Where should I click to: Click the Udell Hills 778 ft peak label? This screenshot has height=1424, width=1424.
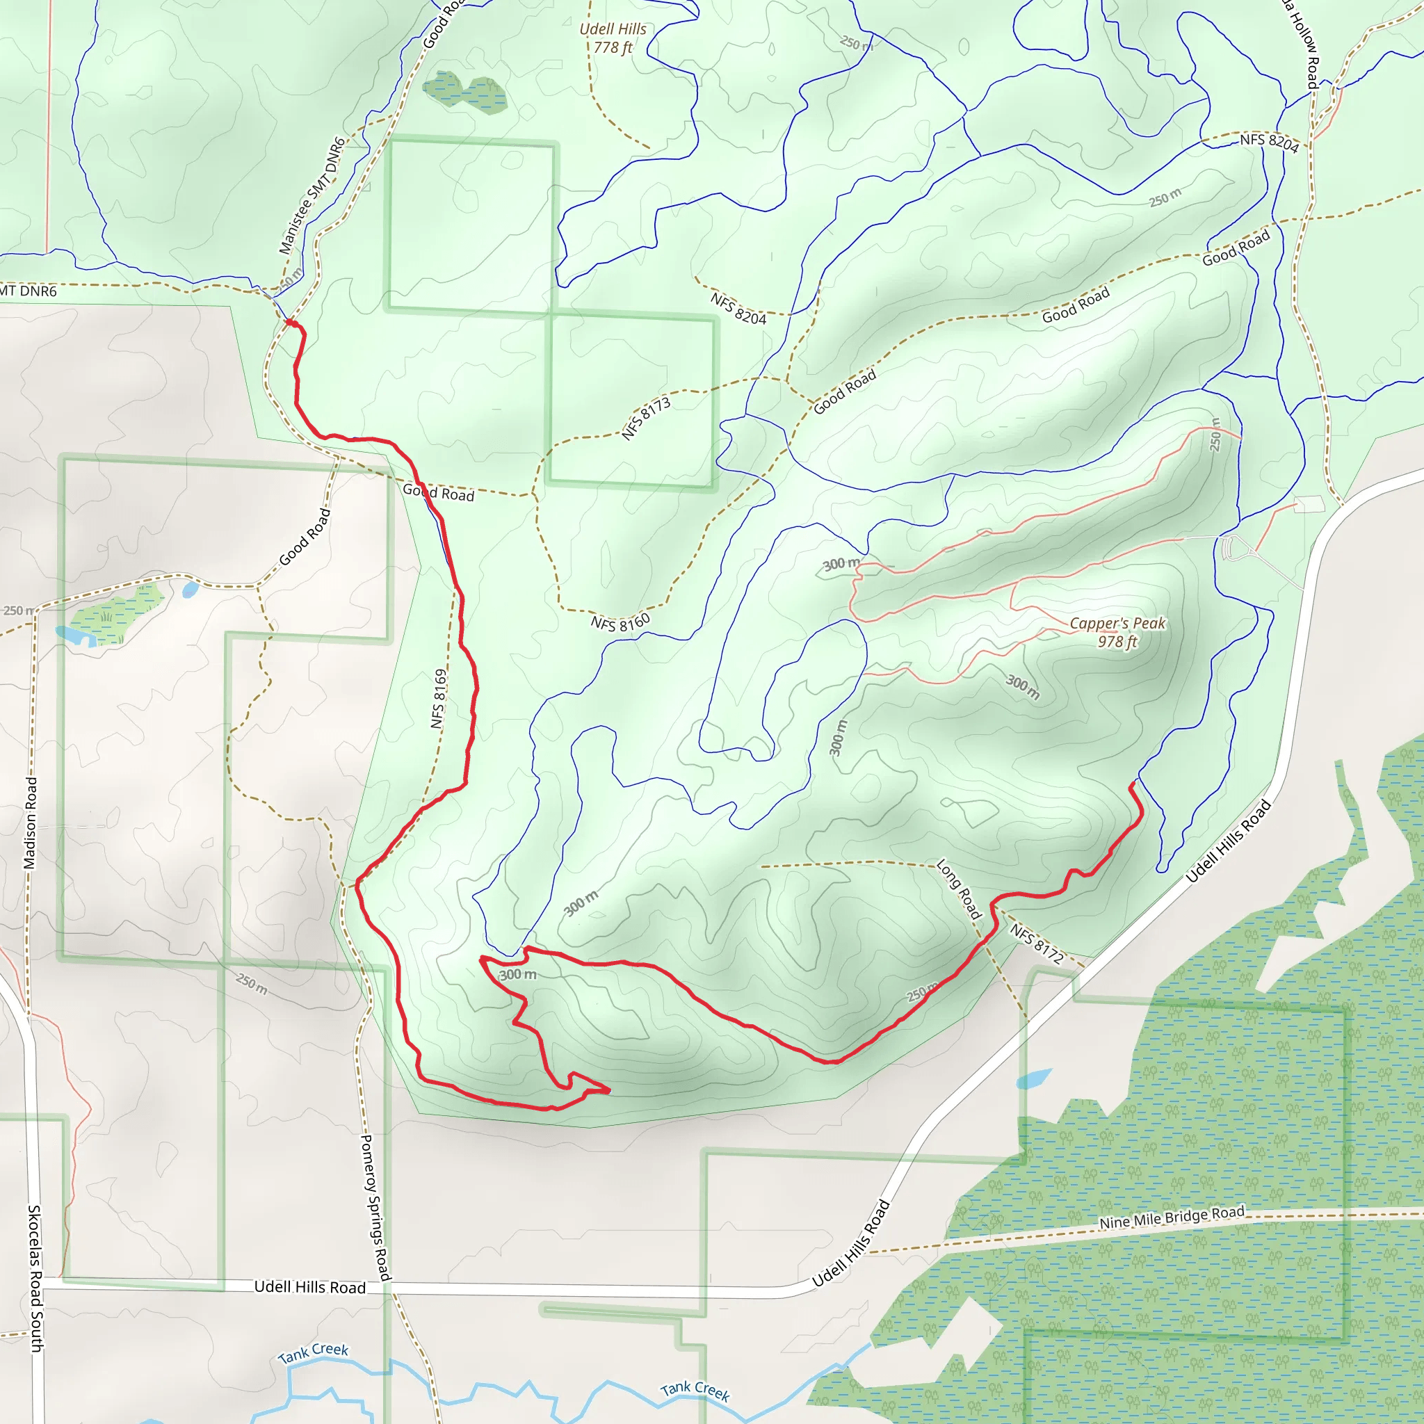click(x=613, y=38)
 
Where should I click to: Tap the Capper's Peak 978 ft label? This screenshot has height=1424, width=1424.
click(x=1117, y=631)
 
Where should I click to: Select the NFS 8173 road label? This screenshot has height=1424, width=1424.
click(x=646, y=419)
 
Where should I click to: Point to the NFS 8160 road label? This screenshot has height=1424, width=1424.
click(x=621, y=623)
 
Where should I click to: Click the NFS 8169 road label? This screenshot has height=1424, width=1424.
click(x=439, y=699)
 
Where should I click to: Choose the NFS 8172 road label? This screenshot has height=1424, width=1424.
click(x=1036, y=944)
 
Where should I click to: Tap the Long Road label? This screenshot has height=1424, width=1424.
click(x=959, y=889)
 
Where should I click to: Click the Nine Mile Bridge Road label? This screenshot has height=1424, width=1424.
click(x=1171, y=1217)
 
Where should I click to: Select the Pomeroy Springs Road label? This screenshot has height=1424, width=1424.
click(x=375, y=1207)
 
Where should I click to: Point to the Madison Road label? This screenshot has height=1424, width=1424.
click(x=30, y=823)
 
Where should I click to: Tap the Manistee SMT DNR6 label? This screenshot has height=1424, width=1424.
click(x=311, y=196)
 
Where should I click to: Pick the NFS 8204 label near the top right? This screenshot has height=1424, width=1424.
click(x=1268, y=142)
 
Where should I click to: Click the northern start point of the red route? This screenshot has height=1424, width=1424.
click(x=290, y=322)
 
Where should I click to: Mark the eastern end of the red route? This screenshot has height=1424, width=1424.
click(x=1131, y=785)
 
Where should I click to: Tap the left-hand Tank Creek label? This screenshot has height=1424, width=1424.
click(x=314, y=1352)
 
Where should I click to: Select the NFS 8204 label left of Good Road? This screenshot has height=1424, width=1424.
click(x=738, y=308)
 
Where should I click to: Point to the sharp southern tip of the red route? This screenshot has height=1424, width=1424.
click(x=610, y=1090)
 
